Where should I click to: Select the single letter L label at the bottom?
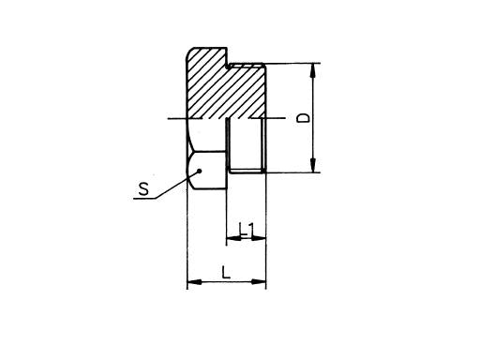click(225, 272)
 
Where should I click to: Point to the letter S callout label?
click(142, 190)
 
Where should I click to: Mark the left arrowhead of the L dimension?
click(193, 281)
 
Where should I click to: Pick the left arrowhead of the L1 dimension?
click(232, 238)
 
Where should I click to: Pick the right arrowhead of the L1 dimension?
click(262, 238)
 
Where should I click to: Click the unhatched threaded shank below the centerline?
click(247, 145)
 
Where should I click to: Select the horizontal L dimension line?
click(228, 281)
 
